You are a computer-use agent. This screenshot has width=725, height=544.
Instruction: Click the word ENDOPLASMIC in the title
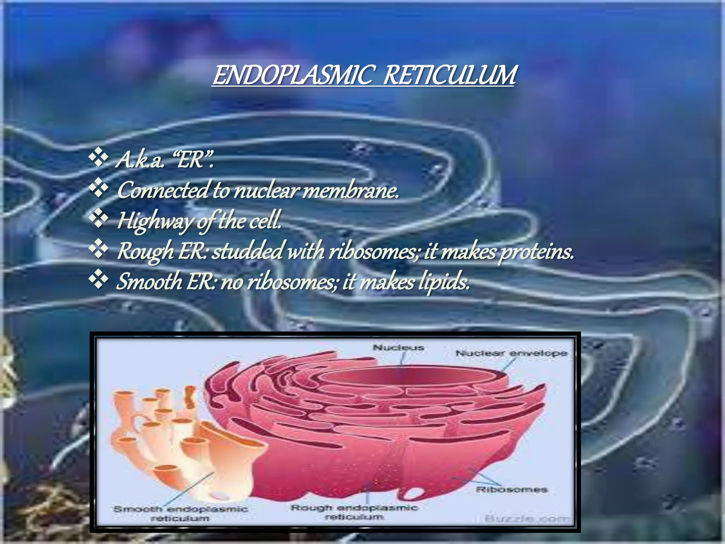pos(292,75)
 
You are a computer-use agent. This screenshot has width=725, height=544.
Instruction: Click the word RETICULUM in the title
pos(450,75)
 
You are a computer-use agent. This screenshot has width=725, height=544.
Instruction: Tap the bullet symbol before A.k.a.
pos(98,158)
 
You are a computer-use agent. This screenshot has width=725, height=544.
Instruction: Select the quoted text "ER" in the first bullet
pos(195,160)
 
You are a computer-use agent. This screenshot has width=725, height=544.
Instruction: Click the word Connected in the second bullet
pos(163,190)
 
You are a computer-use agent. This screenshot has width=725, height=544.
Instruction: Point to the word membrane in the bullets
pos(350,191)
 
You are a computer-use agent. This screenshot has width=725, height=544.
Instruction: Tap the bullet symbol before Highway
pos(98,219)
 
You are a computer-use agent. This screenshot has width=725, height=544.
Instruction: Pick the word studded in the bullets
pos(248,251)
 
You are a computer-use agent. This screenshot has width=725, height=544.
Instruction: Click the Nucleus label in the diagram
pos(398,348)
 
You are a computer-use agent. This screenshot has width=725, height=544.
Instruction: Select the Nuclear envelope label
pos(511,353)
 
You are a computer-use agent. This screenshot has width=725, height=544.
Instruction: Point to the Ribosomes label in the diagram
pos(511,490)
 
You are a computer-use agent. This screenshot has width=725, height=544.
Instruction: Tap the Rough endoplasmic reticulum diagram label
pos(354,512)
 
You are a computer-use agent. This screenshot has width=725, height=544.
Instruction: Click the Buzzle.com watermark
pos(527,519)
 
